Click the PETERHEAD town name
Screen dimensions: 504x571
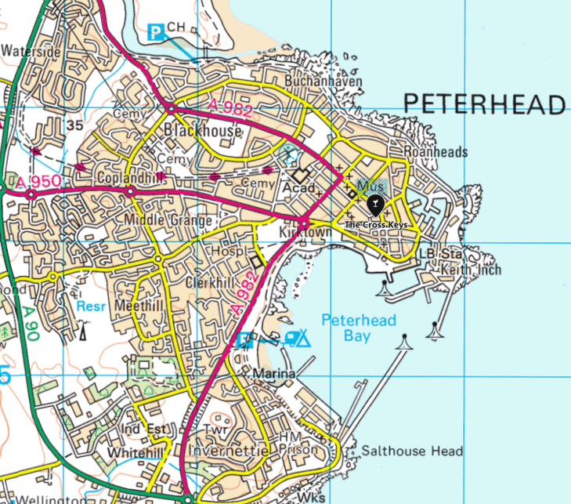[x=484, y=103]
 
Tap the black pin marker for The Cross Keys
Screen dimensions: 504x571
[x=375, y=205]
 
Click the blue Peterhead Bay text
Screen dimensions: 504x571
[x=360, y=328]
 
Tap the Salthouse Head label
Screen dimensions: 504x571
[x=412, y=451]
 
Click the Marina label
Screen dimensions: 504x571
[x=274, y=375]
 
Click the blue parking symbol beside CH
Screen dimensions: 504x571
[x=157, y=31]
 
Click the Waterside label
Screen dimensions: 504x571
[x=31, y=51]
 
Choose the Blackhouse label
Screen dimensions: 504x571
[x=203, y=131]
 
